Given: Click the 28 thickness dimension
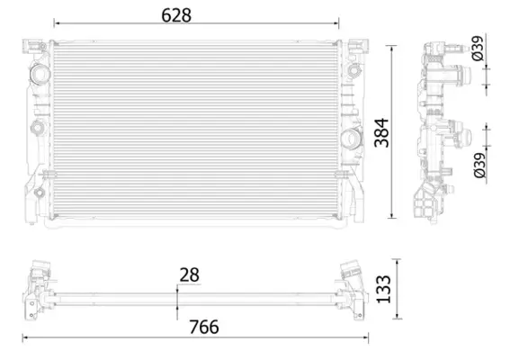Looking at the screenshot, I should [190, 274].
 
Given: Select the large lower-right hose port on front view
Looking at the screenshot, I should [352, 139].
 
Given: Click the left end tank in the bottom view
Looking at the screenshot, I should [40, 287].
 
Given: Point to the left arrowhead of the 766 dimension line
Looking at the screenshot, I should [25, 337].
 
